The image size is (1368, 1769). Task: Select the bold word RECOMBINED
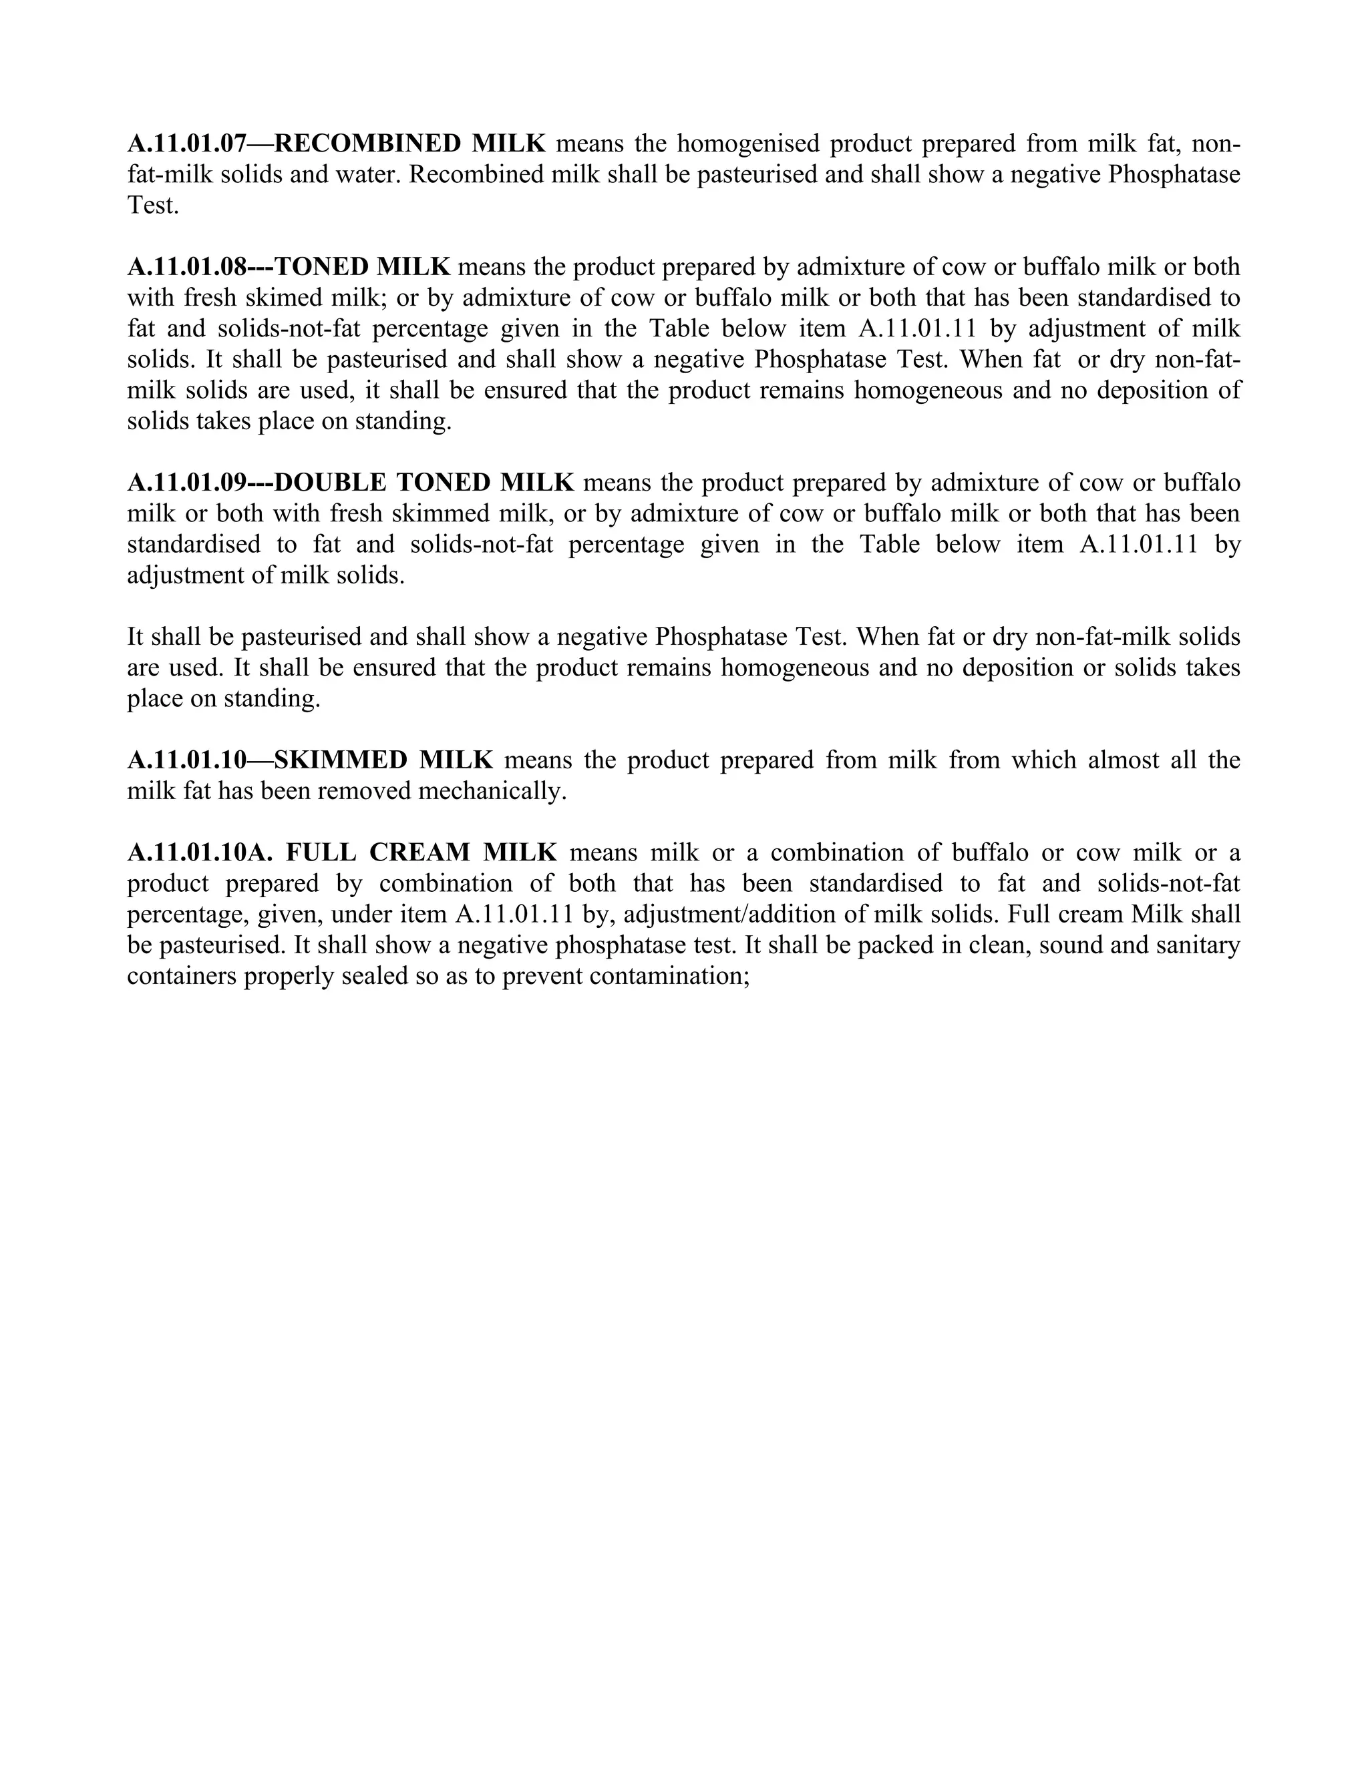[x=368, y=144]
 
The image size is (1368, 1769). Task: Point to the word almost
[x=1124, y=760]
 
